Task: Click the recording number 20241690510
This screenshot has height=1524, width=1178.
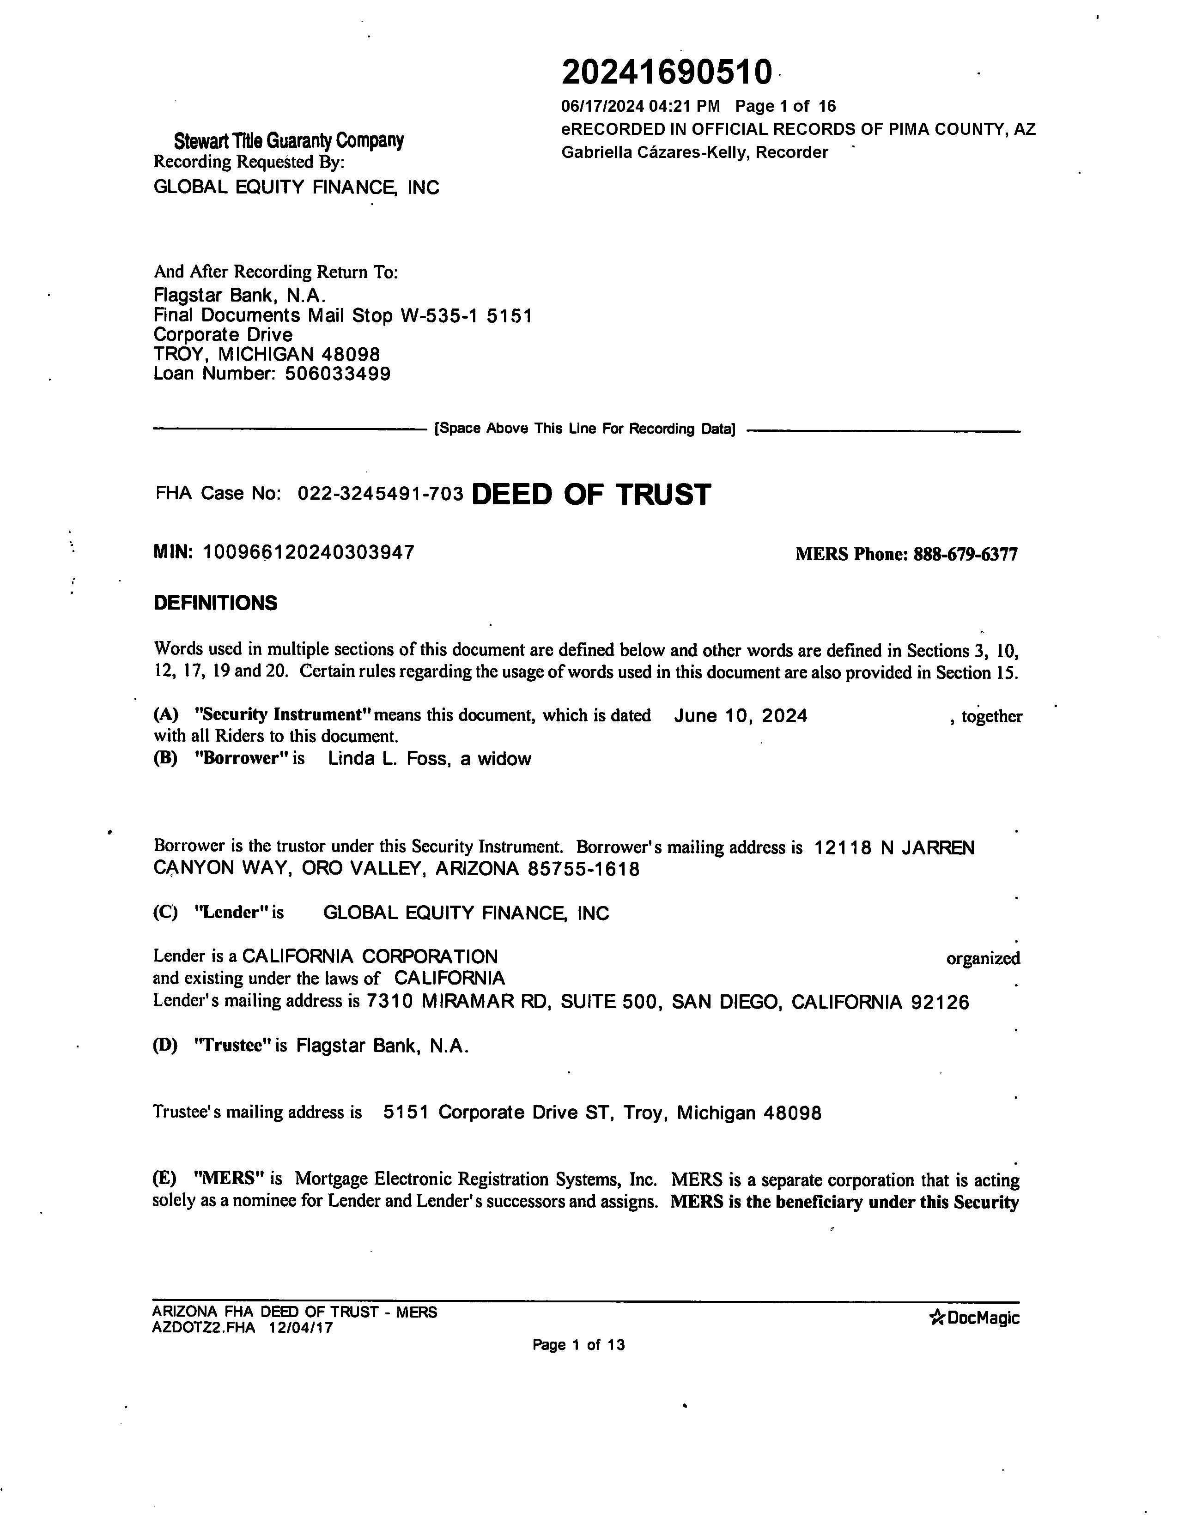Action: [x=667, y=73]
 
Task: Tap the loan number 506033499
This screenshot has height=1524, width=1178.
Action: [x=338, y=374]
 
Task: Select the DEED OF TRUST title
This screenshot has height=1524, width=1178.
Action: [x=591, y=494]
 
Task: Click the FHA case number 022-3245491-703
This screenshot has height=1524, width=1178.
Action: [x=380, y=494]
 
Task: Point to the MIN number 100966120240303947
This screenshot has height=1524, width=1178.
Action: [x=309, y=553]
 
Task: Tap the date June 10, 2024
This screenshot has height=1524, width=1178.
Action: [x=741, y=716]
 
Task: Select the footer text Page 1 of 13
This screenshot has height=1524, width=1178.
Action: [x=578, y=1345]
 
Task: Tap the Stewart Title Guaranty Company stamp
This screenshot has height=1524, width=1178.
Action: [x=288, y=141]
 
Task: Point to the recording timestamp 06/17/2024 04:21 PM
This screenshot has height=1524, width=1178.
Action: [x=640, y=106]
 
